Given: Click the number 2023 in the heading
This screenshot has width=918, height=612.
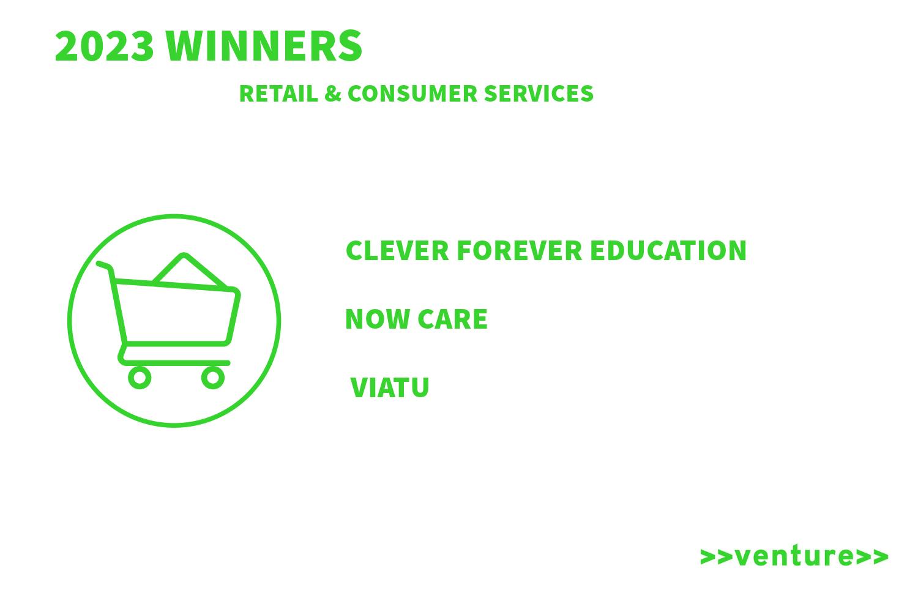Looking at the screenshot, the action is pos(104,46).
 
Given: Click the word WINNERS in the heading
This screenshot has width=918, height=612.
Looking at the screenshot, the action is pos(264,46).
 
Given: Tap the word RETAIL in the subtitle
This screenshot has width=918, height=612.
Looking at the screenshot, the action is pos(278,94).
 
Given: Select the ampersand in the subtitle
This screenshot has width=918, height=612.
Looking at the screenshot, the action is pos(333,94).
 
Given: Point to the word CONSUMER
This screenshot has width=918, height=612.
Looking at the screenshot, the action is pos(412,94).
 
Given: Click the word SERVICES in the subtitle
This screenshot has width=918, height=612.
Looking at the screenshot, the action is pos(539,94).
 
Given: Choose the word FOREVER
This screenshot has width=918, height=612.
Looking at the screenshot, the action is pos(519,250).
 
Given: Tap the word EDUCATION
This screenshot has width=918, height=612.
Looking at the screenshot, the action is pos(668,250).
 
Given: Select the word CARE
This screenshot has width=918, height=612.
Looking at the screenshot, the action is pos(453,319).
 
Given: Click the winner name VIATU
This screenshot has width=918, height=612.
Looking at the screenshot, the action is pos(390,387).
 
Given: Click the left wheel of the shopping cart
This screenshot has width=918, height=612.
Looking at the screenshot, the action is pos(140,378).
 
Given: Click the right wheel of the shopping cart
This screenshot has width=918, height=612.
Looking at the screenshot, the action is pos(213,378).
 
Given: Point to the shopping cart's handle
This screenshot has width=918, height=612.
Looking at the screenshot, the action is pos(105,266).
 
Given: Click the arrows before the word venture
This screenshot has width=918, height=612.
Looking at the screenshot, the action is pos(717,557).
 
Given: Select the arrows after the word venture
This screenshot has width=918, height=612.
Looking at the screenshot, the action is pos(871,557).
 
